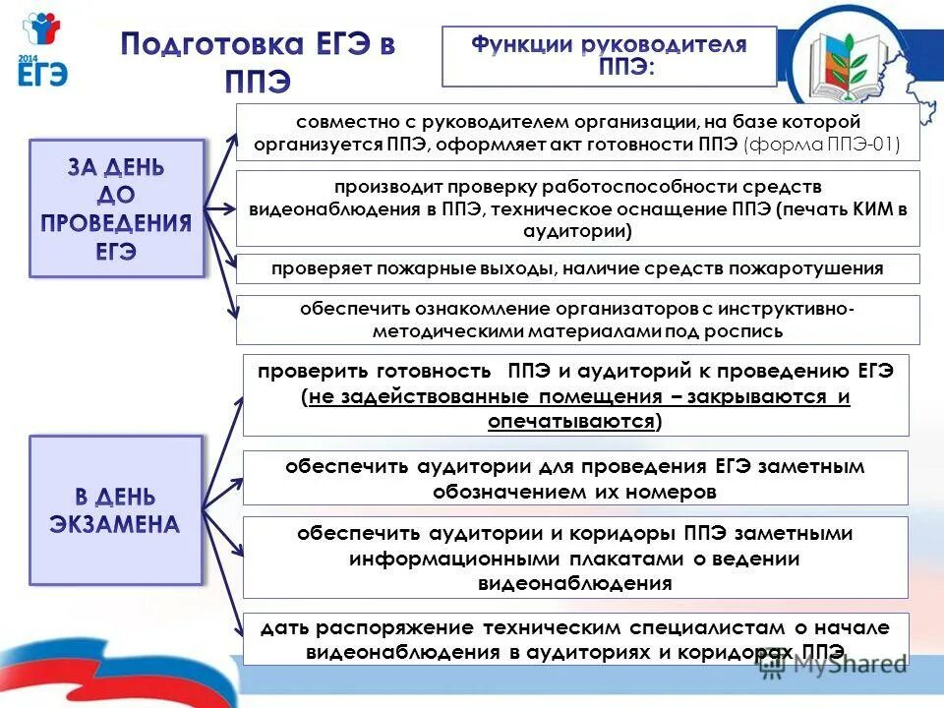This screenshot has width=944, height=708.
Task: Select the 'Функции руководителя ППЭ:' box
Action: click(609, 56)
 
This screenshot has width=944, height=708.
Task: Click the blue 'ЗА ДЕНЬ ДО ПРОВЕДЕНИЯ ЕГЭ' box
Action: click(116, 207)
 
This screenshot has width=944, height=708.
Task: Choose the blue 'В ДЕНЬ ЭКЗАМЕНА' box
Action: click(116, 510)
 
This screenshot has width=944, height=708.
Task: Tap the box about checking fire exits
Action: click(578, 268)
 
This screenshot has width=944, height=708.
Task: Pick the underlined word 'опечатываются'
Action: click(571, 421)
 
